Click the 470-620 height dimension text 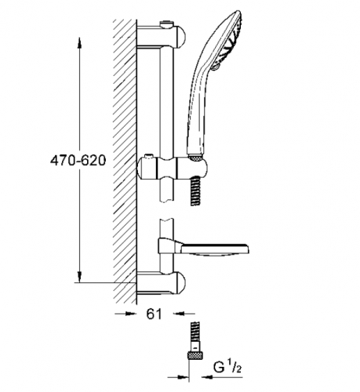[x=76, y=158]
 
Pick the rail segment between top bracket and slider [x=166, y=102]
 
